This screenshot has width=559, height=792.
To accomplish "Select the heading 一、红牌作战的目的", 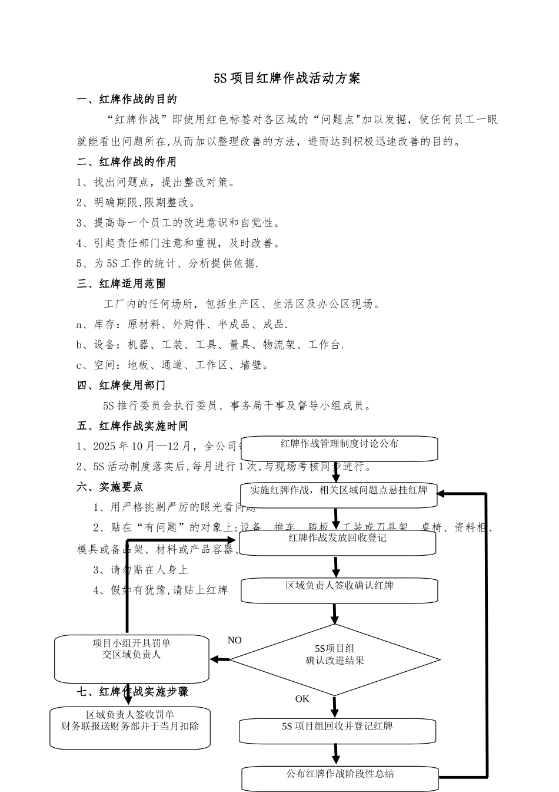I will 127,99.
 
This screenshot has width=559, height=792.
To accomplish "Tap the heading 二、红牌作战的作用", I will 127,161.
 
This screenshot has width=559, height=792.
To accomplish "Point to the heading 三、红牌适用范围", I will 122,283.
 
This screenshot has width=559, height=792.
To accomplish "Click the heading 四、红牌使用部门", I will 122,385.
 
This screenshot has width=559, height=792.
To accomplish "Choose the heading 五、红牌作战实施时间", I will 133,426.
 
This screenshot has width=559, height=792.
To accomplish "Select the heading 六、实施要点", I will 111,487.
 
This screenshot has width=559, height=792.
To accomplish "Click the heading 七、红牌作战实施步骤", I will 133,691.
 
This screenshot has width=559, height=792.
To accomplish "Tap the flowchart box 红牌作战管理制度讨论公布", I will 339,448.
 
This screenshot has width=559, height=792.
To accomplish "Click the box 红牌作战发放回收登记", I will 337,543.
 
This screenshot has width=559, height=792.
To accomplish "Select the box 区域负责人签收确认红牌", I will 339,590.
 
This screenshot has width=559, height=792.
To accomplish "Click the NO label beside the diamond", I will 234,641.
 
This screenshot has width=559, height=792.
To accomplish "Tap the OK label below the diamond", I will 302,699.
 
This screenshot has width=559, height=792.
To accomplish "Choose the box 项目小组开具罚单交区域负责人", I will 132,658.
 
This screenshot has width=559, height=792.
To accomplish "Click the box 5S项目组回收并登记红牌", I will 337,731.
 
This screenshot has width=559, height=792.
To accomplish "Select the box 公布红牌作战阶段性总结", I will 340,778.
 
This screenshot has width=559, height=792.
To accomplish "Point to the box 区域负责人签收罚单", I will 130,728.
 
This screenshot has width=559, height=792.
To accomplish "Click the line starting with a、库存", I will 182,324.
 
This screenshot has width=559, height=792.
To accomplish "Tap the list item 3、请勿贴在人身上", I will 141,570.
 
